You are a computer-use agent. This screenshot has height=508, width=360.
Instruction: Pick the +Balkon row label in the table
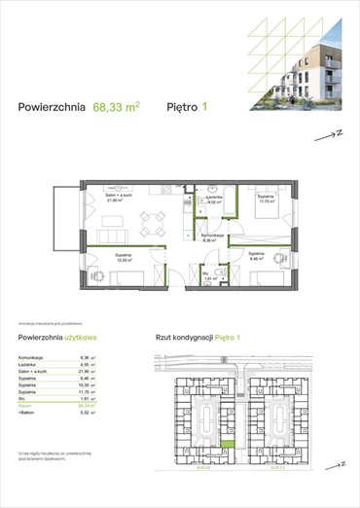click(x=28, y=413)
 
